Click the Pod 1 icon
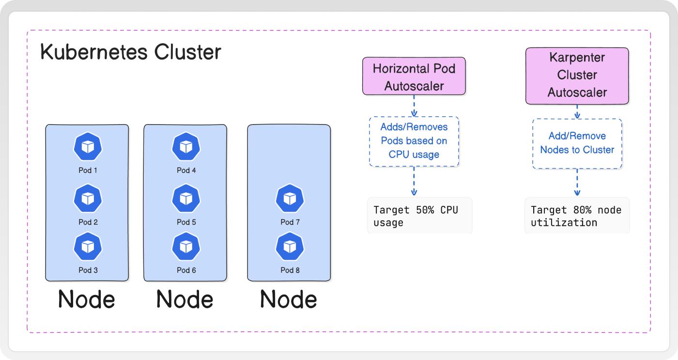88,146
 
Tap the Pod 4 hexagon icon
186,146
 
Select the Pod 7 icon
290,198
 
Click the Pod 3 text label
88,270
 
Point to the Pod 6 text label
186,270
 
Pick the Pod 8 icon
290,247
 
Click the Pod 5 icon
186,198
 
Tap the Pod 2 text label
88,222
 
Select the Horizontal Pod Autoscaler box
414,76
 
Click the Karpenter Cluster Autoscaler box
577,76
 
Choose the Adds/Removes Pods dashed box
414,141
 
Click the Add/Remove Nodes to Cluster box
577,143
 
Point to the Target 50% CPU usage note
419,216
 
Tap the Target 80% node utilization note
577,216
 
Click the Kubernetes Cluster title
131,52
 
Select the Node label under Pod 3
87,299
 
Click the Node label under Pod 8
289,299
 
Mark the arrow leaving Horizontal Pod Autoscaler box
414,106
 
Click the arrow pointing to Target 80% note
577,182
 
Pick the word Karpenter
577,58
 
